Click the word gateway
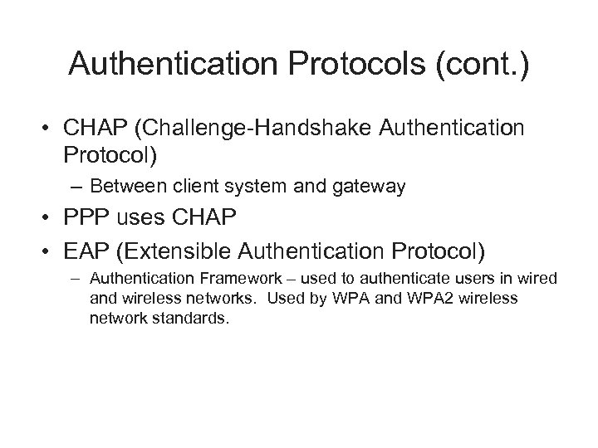pos(370,187)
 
